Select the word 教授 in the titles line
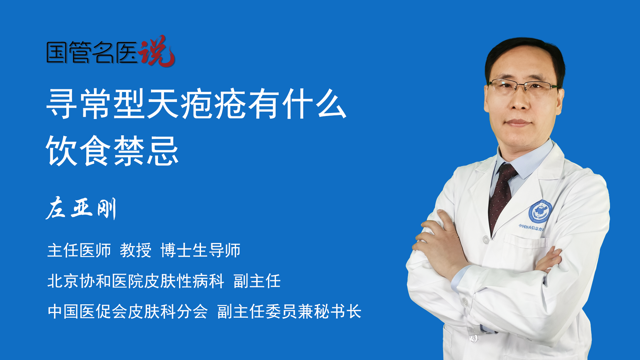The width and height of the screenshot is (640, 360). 136,250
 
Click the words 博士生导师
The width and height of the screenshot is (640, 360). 200,250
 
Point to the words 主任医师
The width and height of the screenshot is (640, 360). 79,250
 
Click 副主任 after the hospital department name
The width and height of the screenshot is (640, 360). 257,281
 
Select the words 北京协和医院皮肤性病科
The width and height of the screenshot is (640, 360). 136,281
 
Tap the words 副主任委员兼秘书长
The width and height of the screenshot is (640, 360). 289,312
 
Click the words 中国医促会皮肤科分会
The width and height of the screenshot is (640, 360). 128,312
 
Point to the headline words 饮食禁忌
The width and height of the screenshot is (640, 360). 113,151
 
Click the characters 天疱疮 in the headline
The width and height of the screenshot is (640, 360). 196,104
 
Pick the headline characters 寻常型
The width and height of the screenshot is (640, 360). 96,104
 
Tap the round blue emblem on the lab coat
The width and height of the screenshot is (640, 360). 540,212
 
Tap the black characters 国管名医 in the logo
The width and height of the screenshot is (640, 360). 92,53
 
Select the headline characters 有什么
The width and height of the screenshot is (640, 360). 297,104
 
